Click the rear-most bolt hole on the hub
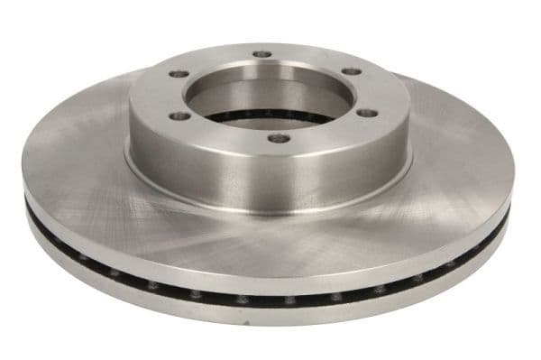(262, 55)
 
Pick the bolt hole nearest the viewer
(280, 138)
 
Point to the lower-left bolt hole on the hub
(180, 115)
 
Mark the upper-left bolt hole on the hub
(179, 74)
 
